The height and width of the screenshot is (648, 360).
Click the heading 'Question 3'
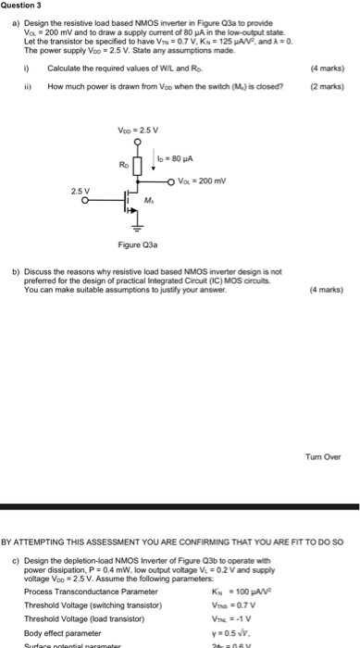(21, 6)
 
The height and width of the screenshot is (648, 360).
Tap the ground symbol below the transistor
(141, 224)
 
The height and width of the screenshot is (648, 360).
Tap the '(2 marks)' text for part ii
(328, 85)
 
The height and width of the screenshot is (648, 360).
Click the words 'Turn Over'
(323, 455)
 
